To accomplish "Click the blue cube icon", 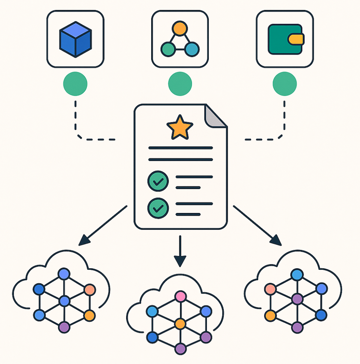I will point(75,39).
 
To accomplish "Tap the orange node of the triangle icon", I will point(180,28).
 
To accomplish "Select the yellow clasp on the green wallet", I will point(296,39).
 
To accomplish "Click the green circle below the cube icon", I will point(75,83).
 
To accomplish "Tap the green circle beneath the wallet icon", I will point(285,83).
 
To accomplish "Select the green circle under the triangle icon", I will point(180,83).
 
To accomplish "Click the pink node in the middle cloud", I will point(180,296).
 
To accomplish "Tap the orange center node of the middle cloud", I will point(180,324).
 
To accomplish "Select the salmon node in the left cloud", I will point(89,289).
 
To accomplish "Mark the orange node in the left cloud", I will point(89,316).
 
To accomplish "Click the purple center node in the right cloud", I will point(297,299).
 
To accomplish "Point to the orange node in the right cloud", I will point(270,316).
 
